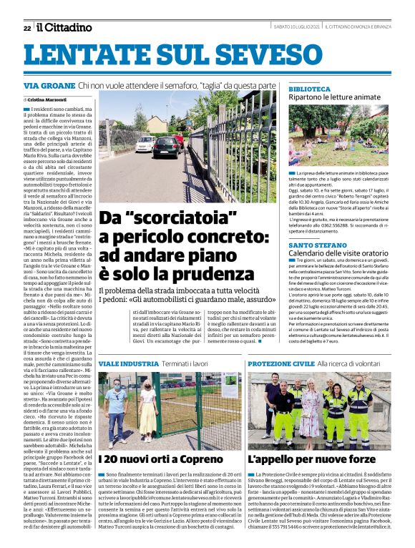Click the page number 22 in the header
pyautogui.click(x=26, y=28)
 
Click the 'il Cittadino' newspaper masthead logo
pyautogui.click(x=64, y=27)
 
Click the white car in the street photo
pyautogui.click(x=146, y=143)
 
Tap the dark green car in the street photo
pyautogui.click(x=166, y=146)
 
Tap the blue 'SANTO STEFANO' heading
pyautogui.click(x=316, y=245)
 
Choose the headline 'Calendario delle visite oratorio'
pyautogui.click(x=338, y=253)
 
